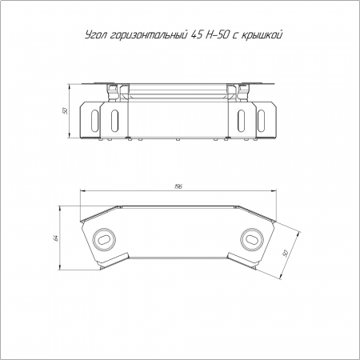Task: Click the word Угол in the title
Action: [x=96, y=35]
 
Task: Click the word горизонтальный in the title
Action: [x=148, y=36]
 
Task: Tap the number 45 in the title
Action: [x=195, y=34]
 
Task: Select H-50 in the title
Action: [x=216, y=34]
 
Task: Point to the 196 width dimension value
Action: [x=178, y=186]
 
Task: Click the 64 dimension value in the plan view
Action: [x=56, y=238]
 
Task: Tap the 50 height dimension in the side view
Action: [x=65, y=110]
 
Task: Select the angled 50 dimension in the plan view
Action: [x=286, y=253]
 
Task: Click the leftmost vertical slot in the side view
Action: [x=94, y=121]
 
